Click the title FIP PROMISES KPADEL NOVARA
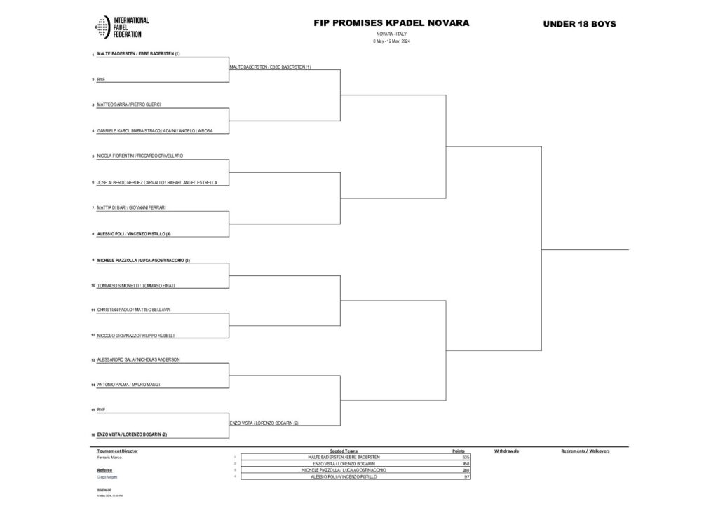click(x=391, y=23)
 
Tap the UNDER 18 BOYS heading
click(x=579, y=24)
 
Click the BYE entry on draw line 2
click(x=101, y=80)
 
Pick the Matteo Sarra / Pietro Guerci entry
click(x=129, y=105)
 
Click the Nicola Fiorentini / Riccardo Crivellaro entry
click(x=140, y=156)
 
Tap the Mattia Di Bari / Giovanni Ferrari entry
click(x=131, y=207)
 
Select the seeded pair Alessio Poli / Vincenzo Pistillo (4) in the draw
click(x=134, y=233)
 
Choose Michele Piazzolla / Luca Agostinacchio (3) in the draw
click(x=143, y=260)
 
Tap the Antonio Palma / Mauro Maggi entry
click(x=128, y=385)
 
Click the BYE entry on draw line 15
click(x=101, y=409)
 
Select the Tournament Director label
click(x=118, y=451)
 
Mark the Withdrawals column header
click(x=506, y=451)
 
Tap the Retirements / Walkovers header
click(x=585, y=451)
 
